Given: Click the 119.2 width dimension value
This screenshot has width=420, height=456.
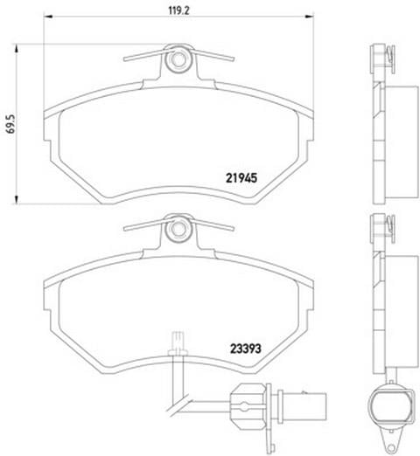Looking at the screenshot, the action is click(179, 10).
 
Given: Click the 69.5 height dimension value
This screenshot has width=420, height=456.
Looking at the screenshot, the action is click(10, 124).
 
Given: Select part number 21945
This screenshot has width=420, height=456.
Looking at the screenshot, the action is click(241, 178).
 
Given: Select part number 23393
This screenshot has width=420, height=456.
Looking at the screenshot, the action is click(246, 349).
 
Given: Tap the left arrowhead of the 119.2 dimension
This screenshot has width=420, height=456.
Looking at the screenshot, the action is click(48, 17).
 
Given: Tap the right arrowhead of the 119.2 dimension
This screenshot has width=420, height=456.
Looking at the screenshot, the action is click(310, 17).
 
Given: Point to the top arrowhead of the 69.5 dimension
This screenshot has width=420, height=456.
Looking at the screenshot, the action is click(17, 49).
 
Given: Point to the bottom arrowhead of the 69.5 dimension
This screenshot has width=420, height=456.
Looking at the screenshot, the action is click(17, 199).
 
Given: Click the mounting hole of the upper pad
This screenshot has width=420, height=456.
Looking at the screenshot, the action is click(178, 59).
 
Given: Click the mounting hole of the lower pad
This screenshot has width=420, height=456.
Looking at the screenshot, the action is click(178, 229).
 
